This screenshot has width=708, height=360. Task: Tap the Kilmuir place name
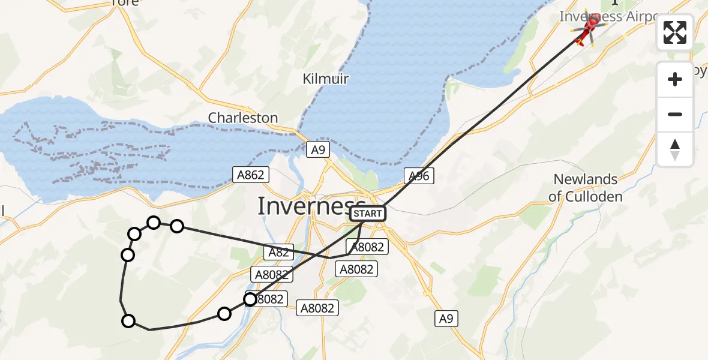pyautogui.click(x=326, y=79)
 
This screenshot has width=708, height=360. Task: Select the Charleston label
pyautogui.click(x=243, y=118)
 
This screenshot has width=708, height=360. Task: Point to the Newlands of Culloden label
pyautogui.click(x=585, y=188)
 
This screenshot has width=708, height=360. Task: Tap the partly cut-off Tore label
pyautogui.click(x=125, y=2)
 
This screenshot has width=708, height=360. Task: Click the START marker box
pyautogui.click(x=367, y=214)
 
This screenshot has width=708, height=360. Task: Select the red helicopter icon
pyautogui.click(x=587, y=29)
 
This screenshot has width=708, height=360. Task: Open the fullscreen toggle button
pyautogui.click(x=675, y=32)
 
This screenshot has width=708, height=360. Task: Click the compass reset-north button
pyautogui.click(x=675, y=149)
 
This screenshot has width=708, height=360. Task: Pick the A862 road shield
pyautogui.click(x=251, y=175)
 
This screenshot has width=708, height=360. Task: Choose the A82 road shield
pyautogui.click(x=278, y=253)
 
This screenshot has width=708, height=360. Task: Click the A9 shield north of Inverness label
pyautogui.click(x=318, y=149)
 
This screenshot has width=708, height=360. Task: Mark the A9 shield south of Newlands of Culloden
pyautogui.click(x=446, y=319)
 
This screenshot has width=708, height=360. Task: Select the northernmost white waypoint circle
pyautogui.click(x=154, y=223)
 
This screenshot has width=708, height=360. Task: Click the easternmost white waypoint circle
pyautogui.click(x=250, y=299)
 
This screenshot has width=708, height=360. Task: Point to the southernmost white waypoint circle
pyautogui.click(x=128, y=321)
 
